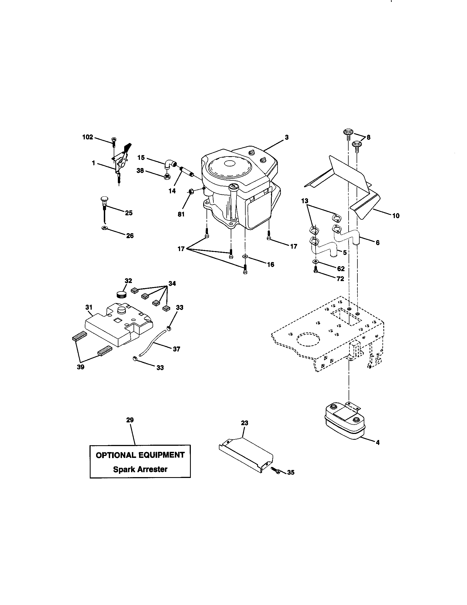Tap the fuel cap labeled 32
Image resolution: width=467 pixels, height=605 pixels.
(x=121, y=294)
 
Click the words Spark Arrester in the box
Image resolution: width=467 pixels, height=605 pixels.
(x=140, y=469)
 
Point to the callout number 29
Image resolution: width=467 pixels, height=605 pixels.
(x=130, y=420)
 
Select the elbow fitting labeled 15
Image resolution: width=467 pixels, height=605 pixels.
(x=169, y=164)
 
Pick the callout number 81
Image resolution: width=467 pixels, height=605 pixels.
(x=181, y=214)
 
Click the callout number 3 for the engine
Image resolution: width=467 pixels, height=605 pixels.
(x=286, y=137)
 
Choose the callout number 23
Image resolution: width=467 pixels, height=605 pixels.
(x=244, y=423)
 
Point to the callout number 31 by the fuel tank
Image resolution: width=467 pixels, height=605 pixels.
(x=89, y=307)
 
